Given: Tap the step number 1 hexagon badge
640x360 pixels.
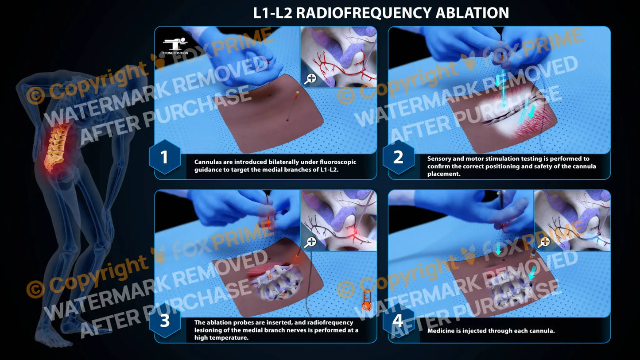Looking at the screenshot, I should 164,157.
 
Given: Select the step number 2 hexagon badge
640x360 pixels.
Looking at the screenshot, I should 398,157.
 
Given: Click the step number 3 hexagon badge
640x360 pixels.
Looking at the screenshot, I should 164,321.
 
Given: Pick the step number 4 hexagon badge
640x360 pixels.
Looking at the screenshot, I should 398,321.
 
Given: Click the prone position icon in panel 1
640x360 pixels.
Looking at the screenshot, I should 175,44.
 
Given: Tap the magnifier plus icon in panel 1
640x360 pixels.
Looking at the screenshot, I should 310,79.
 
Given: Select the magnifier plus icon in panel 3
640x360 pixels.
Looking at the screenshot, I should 310,242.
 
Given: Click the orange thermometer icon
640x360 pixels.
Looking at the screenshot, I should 365,299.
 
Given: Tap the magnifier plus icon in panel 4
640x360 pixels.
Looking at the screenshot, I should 544,242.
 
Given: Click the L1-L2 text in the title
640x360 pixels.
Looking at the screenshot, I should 272,13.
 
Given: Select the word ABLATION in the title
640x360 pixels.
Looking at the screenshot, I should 472,13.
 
